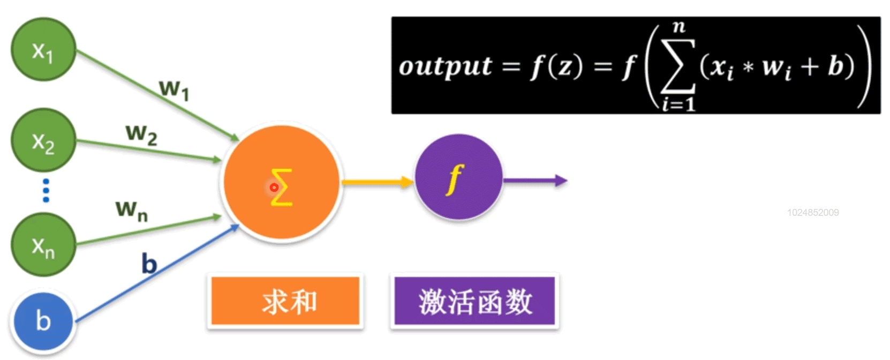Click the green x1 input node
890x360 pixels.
click(x=43, y=50)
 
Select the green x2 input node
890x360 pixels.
click(x=43, y=141)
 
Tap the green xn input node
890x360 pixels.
click(x=43, y=245)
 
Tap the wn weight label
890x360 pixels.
click(x=132, y=209)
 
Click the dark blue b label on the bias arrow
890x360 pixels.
click(x=149, y=264)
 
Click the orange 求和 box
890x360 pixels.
click(x=285, y=301)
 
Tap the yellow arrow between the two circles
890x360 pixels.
click(x=377, y=182)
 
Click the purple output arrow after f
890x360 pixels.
click(x=535, y=181)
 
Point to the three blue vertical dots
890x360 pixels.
click(x=46, y=191)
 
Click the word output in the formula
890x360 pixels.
click(x=445, y=66)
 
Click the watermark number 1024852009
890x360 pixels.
click(x=812, y=213)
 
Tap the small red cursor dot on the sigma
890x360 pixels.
click(x=274, y=187)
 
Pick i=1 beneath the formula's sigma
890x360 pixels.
click(x=678, y=104)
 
